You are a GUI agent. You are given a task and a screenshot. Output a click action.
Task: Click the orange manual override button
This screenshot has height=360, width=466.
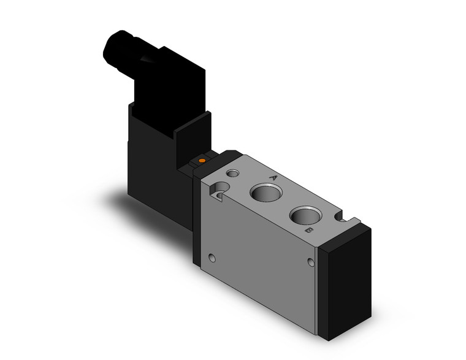(x=201, y=161)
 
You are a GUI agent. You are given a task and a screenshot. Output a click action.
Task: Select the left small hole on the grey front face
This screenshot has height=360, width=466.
(x=213, y=257)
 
